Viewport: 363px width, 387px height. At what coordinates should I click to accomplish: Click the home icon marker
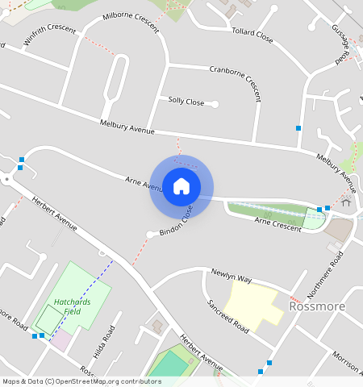pos(181,187)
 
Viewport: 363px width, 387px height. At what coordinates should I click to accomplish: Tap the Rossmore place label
pos(317,306)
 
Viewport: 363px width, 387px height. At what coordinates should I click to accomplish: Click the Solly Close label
pos(186,101)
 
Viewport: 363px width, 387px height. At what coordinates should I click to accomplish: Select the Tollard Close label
pos(252,35)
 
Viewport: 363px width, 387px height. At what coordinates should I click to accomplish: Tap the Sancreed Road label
pos(227,314)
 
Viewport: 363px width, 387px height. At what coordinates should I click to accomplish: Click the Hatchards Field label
pos(67,306)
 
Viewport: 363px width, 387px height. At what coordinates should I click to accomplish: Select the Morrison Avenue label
pos(348,362)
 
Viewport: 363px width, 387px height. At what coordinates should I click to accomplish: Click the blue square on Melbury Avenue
pos(298,128)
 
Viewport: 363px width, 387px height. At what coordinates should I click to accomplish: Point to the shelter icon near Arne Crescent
pos(346,202)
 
